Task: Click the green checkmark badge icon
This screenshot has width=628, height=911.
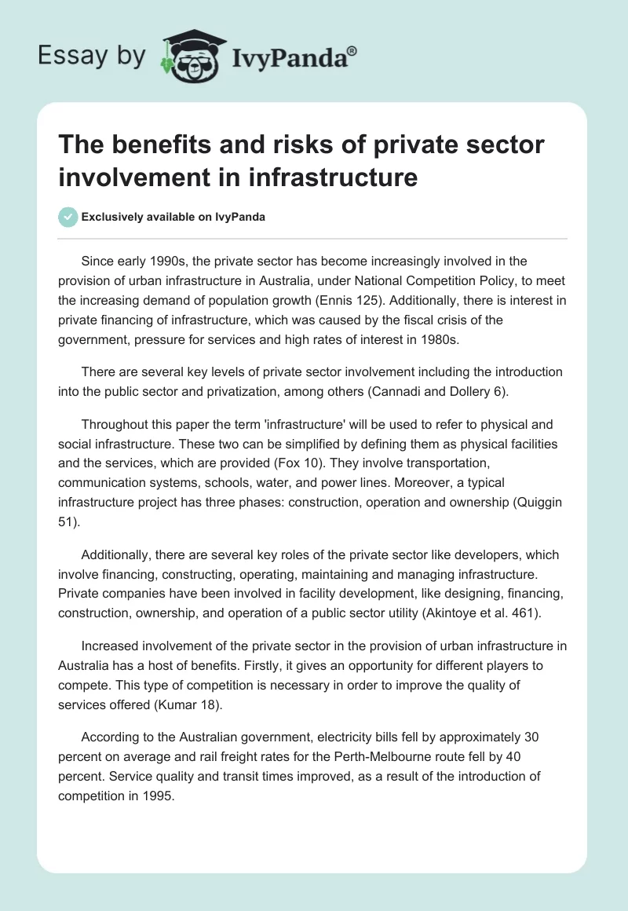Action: [x=68, y=217]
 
